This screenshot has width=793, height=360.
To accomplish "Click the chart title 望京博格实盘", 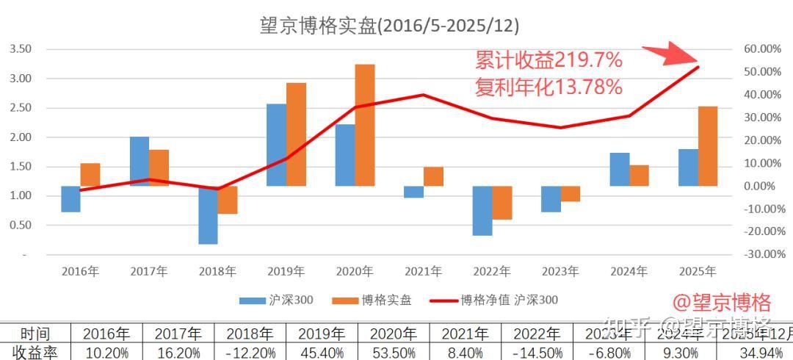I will (389, 26).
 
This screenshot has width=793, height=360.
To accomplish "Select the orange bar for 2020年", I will (365, 125).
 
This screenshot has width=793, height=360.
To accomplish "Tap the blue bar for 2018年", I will (208, 215).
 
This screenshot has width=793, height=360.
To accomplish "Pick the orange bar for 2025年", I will (708, 145).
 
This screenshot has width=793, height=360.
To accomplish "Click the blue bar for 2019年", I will (276, 145).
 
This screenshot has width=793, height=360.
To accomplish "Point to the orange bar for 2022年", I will (502, 203).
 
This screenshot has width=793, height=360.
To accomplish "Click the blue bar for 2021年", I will (413, 192).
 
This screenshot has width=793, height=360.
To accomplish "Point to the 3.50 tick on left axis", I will (21, 49).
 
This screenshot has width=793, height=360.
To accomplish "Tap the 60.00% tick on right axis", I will (761, 49).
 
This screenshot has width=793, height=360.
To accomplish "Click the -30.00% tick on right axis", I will (761, 254).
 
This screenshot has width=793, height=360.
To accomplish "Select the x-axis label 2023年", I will (560, 271).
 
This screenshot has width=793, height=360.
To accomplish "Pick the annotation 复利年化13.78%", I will (548, 87).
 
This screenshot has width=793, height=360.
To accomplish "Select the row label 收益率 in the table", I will (35, 352).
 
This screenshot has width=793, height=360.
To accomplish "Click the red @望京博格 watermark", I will (721, 302).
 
